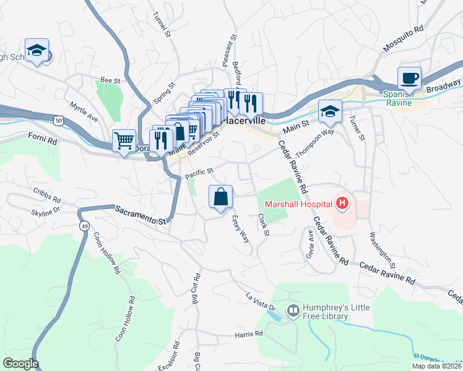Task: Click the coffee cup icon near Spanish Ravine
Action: click(x=409, y=79)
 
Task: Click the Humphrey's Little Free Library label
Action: click(x=325, y=312)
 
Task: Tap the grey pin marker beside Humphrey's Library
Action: click(x=293, y=307)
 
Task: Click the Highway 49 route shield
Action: click(x=82, y=211)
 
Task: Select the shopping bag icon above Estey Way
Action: click(x=221, y=198)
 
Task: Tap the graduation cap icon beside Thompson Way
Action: click(x=330, y=112)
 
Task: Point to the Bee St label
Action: click(x=110, y=80)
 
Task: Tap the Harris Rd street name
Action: click(x=249, y=334)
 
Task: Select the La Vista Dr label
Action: click(x=260, y=302)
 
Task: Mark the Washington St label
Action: click(x=383, y=249)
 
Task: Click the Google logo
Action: click(x=20, y=363)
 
